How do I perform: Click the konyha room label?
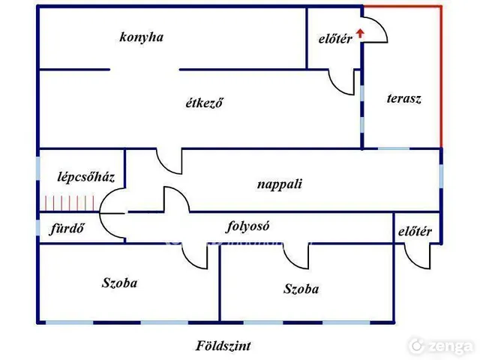tap(142, 37)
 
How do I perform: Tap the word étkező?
tap(204, 103)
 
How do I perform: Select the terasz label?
tap(404, 98)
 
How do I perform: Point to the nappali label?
tap(280, 184)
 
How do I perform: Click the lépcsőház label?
tap(86, 177)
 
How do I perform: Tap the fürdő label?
tap(67, 228)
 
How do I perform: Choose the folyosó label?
tap(248, 226)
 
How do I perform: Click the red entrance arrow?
tap(360, 33)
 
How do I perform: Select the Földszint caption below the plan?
tap(223, 346)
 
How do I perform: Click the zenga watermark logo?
tap(441, 346)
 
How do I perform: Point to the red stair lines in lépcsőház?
tap(70, 203)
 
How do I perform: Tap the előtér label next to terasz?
tap(335, 39)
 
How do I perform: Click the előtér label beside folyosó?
tap(415, 232)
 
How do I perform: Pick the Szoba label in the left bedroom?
tap(120, 283)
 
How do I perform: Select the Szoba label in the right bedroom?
tap(301, 289)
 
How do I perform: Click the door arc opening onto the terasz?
tap(382, 25)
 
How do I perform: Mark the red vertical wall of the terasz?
tap(441, 76)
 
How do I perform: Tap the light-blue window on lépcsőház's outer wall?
tap(38, 168)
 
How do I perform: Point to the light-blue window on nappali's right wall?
tap(441, 175)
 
